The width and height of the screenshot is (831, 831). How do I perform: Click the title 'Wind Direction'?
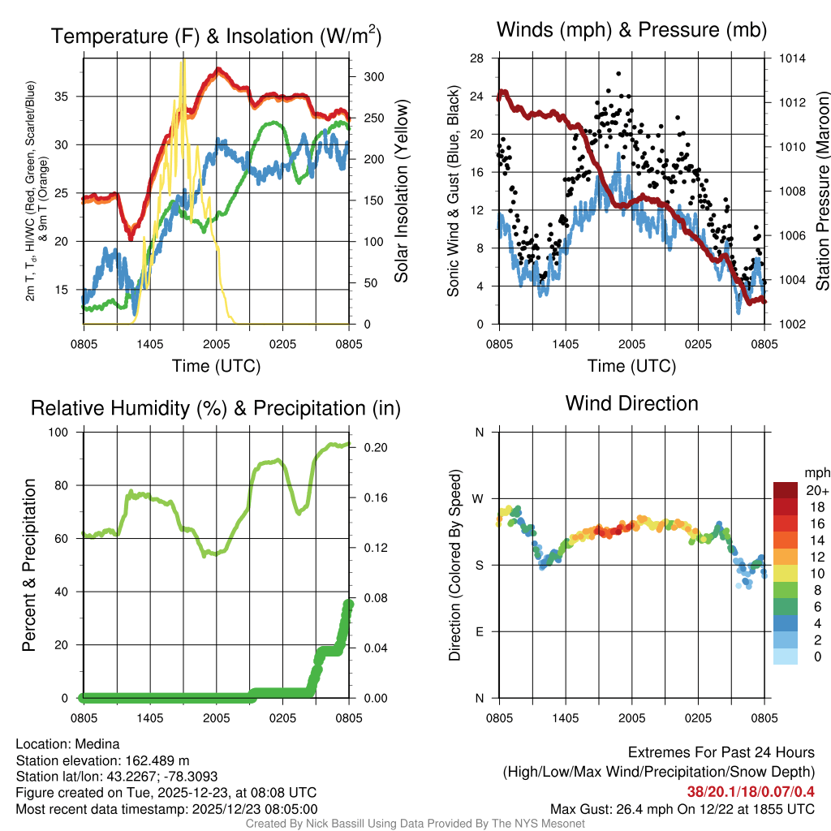point(631,403)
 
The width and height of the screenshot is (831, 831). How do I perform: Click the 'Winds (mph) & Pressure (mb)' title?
point(631,31)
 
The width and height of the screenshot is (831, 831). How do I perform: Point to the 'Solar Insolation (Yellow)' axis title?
point(401,192)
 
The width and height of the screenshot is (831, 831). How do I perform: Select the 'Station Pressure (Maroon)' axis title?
point(821,192)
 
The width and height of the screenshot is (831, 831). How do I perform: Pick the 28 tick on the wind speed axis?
point(476,58)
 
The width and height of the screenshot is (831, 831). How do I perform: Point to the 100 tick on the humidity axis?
point(63,433)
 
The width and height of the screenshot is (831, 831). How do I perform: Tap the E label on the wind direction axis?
point(479,631)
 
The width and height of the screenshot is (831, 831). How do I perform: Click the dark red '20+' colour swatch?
point(785,491)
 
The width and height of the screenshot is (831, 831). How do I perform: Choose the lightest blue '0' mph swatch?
point(785,657)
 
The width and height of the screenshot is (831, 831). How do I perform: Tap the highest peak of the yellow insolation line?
point(184,60)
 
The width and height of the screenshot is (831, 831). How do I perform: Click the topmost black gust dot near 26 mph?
point(618,73)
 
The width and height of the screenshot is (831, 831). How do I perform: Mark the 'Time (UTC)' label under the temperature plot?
point(216,366)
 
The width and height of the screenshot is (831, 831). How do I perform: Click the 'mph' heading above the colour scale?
point(815,472)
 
